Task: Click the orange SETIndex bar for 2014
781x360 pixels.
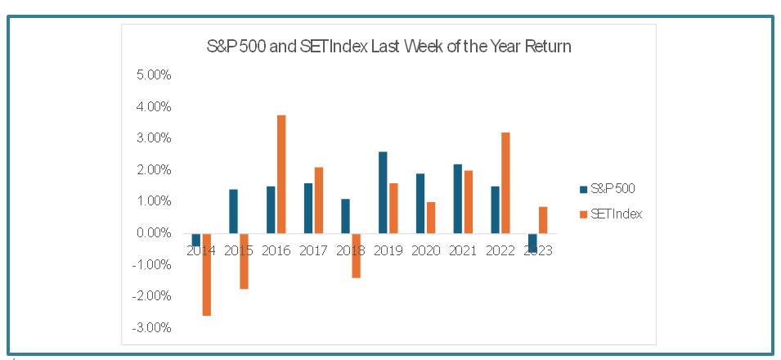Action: (x=206, y=274)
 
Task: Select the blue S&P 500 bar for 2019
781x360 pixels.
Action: (x=383, y=192)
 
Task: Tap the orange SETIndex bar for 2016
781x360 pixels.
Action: (x=281, y=174)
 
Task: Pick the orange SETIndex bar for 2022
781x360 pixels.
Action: (x=505, y=183)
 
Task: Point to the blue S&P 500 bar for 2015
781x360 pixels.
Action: (x=233, y=211)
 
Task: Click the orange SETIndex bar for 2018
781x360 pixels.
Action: (x=356, y=255)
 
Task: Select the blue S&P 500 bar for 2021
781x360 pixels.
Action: (x=457, y=199)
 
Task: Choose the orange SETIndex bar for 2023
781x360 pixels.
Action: (x=543, y=220)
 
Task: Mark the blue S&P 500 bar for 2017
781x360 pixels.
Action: (x=307, y=209)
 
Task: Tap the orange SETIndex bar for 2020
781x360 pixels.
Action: (x=431, y=218)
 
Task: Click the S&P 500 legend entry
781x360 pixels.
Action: (x=607, y=189)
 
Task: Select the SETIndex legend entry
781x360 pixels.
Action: (x=611, y=214)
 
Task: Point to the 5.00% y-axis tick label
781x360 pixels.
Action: (x=153, y=75)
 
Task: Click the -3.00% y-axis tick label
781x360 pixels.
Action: (x=151, y=328)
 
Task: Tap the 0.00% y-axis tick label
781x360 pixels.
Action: (x=153, y=233)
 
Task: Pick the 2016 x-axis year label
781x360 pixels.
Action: (x=276, y=250)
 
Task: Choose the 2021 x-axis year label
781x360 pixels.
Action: (x=463, y=250)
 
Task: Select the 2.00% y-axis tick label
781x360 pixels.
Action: (x=153, y=170)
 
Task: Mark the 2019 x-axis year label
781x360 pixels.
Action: (x=388, y=250)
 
